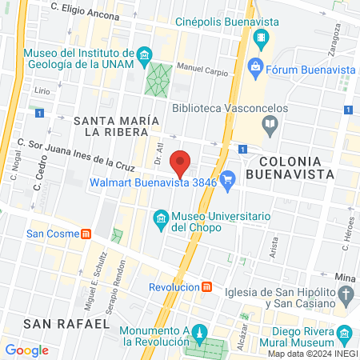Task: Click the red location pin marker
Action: click(181, 163)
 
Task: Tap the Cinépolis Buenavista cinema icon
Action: click(262, 37)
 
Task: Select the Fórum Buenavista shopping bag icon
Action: click(256, 67)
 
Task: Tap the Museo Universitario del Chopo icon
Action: click(160, 218)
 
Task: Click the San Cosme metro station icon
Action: click(86, 234)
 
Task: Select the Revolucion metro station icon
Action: click(206, 287)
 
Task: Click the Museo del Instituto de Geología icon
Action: click(144, 54)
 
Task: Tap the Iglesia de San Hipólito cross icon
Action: click(346, 297)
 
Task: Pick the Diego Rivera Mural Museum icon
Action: click(345, 334)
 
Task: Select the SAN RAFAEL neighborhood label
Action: click(66, 323)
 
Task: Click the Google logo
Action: click(26, 350)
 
